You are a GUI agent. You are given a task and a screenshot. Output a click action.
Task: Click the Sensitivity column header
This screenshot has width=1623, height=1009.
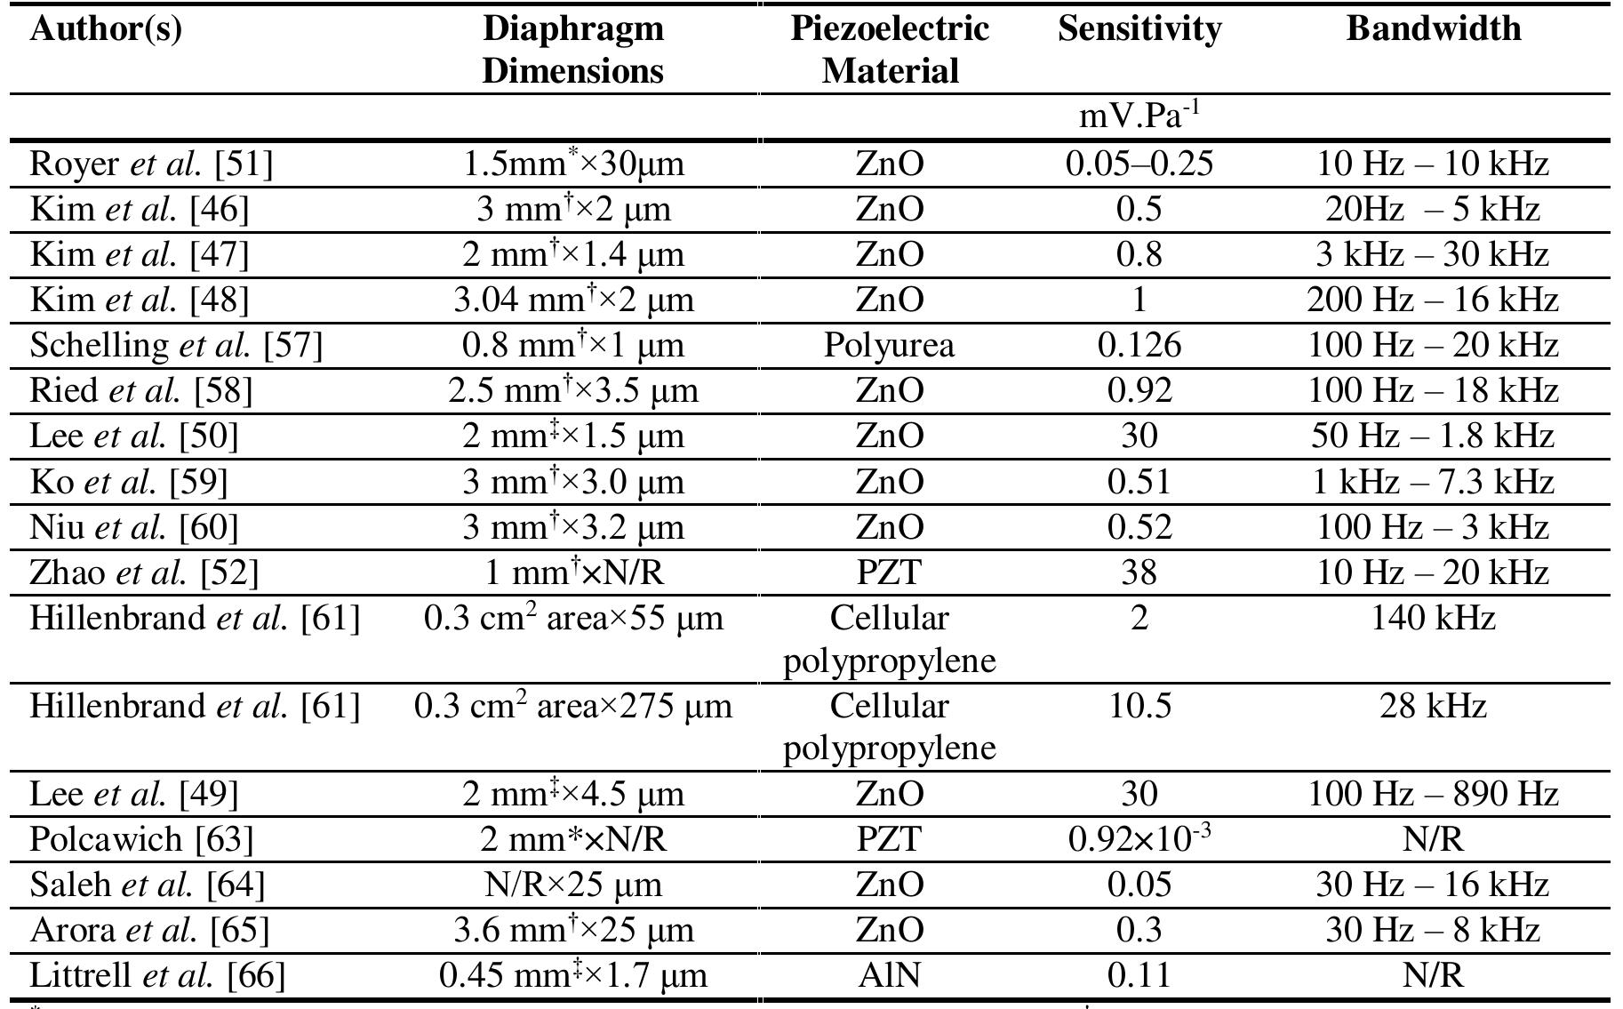(1139, 29)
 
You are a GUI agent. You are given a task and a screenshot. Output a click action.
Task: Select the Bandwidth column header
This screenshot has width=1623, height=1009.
(1433, 29)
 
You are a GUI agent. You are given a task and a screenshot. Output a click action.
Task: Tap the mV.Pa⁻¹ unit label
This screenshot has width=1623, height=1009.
(1139, 116)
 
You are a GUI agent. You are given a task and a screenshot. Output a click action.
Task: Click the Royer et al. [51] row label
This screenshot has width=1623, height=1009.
(151, 164)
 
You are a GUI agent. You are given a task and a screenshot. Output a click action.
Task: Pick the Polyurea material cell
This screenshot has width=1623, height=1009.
(889, 345)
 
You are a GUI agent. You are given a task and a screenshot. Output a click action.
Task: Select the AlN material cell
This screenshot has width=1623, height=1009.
(889, 976)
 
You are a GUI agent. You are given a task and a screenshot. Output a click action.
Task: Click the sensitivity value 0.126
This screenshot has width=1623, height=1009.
(1139, 345)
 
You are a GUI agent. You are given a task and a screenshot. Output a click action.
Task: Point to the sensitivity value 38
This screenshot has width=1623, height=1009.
(1139, 572)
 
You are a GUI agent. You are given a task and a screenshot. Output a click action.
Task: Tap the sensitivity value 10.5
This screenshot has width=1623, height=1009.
(1139, 707)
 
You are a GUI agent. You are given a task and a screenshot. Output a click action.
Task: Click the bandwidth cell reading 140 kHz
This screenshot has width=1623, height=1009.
(1433, 618)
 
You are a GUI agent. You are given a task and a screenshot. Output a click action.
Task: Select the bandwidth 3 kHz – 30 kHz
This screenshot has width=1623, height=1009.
(1433, 255)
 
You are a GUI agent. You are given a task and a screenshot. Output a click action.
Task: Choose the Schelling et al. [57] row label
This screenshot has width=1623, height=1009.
(176, 345)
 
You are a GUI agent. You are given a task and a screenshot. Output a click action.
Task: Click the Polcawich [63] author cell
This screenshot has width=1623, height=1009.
(141, 838)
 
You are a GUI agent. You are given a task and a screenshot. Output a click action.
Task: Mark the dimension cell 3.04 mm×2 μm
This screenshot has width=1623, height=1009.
(573, 300)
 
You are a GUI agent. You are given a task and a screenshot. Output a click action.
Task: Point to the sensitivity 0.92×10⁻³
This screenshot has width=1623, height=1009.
(1139, 838)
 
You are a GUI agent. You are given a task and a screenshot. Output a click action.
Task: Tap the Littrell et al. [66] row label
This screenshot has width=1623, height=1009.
(157, 976)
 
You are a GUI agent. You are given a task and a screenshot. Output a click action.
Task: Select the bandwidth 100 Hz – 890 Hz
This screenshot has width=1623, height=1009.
(1433, 793)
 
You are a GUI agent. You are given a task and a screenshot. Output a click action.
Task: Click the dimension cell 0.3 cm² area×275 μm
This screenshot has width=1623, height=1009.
(573, 707)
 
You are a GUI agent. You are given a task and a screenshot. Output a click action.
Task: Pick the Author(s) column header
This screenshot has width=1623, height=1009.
(106, 29)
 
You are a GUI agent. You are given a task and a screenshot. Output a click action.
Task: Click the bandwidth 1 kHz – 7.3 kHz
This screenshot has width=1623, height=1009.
(1433, 482)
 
